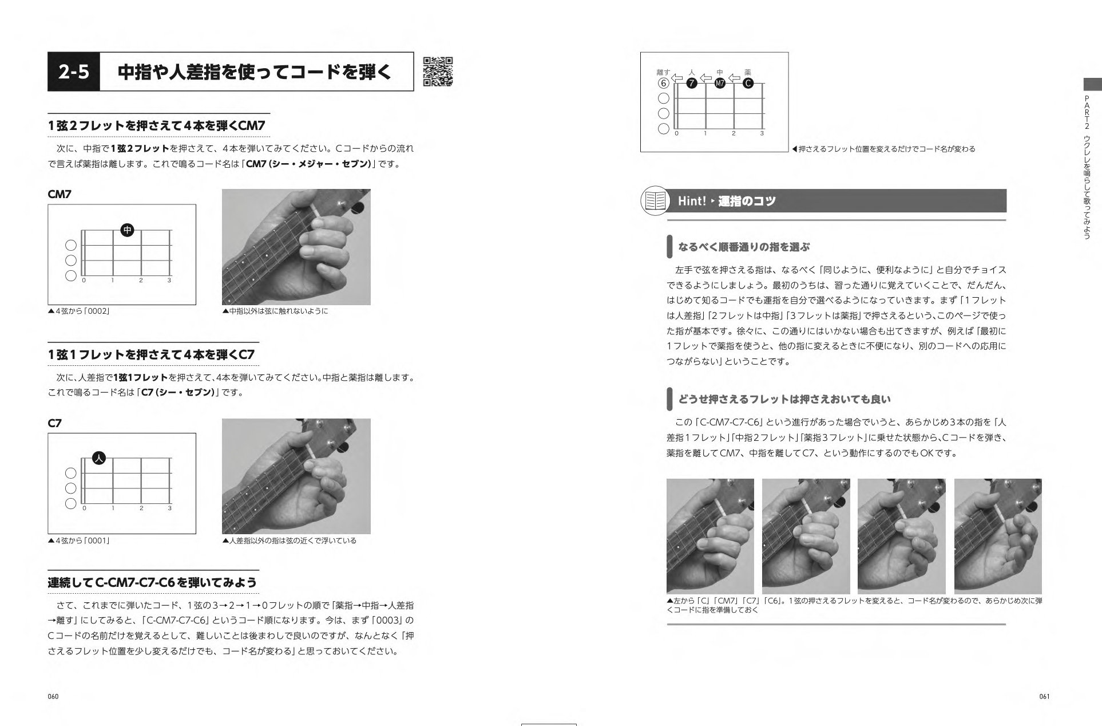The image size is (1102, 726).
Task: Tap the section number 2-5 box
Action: (74, 72)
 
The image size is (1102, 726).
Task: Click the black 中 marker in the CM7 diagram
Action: (127, 230)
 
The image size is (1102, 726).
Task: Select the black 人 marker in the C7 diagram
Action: (99, 458)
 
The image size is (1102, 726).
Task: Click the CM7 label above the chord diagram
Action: (60, 194)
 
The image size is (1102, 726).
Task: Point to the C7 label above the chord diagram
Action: (54, 423)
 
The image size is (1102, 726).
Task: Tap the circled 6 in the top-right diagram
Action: (663, 83)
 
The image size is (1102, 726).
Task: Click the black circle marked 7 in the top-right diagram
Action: (691, 83)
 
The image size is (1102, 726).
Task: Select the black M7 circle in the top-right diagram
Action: (720, 83)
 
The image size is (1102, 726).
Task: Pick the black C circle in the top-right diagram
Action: (748, 83)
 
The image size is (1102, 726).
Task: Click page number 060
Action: (53, 696)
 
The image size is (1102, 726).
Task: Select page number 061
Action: (1044, 696)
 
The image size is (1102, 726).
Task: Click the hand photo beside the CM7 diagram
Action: (296, 247)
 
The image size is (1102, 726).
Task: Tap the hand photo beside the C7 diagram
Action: (296, 476)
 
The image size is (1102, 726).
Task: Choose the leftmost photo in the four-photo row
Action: (710, 536)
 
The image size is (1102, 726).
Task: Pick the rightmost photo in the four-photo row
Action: (998, 536)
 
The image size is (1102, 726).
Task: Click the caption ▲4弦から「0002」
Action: (79, 311)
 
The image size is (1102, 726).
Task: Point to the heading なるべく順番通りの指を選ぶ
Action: (744, 247)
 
